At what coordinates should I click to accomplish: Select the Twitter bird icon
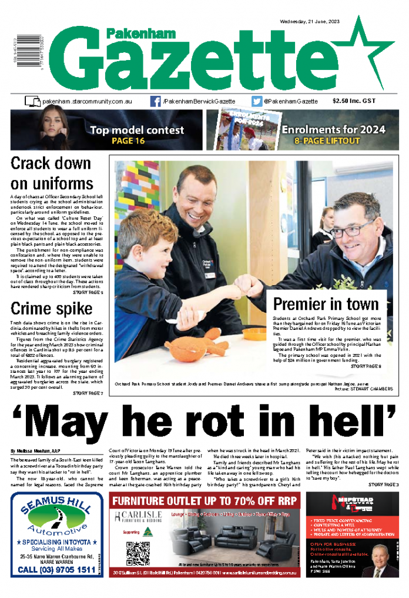tap(257, 101)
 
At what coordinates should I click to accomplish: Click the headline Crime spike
tap(51, 308)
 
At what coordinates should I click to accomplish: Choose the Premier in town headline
tap(326, 304)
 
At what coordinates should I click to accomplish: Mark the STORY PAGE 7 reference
tap(88, 393)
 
